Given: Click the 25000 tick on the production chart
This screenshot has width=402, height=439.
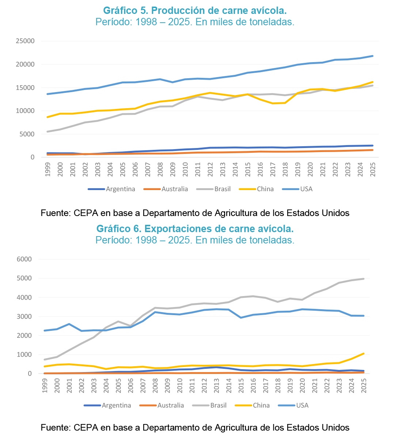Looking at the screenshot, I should click(x=25, y=41).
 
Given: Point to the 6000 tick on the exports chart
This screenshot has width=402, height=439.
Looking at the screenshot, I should click(x=24, y=259).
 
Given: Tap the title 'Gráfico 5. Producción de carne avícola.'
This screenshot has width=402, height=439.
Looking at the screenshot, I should click(x=195, y=11).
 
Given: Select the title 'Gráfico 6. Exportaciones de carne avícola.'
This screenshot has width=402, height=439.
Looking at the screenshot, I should click(x=195, y=229).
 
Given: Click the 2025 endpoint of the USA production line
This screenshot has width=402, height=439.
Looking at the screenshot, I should click(x=372, y=56).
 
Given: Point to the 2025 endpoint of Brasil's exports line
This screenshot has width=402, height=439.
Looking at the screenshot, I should click(x=364, y=279).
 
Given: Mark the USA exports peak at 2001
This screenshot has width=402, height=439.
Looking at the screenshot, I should click(x=69, y=324).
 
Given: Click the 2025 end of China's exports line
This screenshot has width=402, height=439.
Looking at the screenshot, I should click(x=364, y=353).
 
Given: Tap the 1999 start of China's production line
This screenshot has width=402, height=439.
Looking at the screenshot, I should click(x=48, y=117).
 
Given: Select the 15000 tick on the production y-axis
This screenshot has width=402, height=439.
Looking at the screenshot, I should click(x=25, y=88).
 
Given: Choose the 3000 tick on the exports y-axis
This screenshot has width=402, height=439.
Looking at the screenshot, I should click(x=24, y=317).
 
